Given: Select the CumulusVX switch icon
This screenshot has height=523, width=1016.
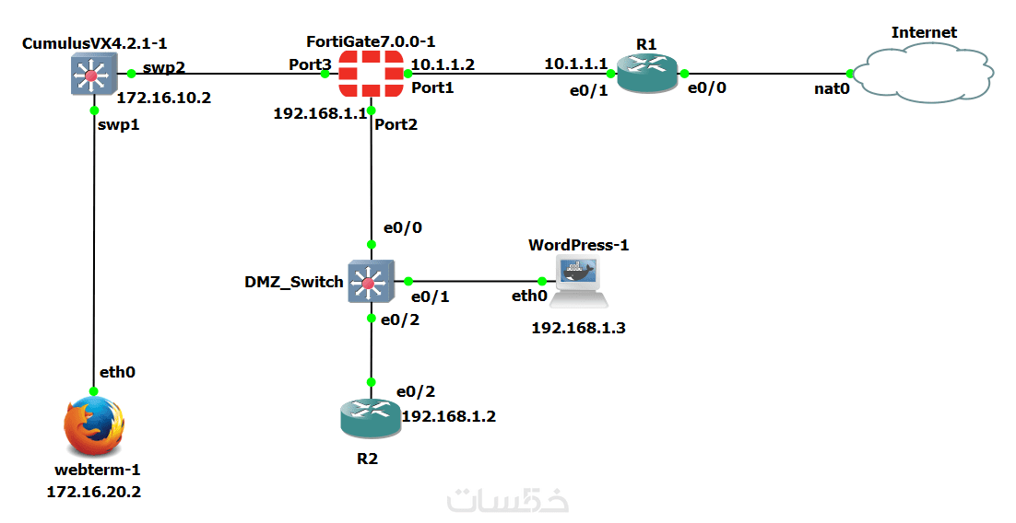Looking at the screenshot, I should tap(92, 73).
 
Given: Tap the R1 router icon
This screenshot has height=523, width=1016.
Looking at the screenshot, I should tap(646, 73).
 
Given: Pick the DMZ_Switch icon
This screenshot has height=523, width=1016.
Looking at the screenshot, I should tap(371, 282).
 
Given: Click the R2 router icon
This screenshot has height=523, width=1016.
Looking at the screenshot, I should tap(371, 419).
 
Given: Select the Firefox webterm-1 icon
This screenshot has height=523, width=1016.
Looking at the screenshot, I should tap(93, 427).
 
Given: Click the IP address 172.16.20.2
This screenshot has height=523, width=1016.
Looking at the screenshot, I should tap(93, 493).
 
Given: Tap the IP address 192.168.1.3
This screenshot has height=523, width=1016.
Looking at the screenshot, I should tap(578, 327).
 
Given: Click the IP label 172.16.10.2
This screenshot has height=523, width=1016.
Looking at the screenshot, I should tap(164, 97).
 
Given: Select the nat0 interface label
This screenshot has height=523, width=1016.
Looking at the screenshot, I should tap(831, 89).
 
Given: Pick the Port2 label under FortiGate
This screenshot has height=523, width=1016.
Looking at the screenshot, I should tap(396, 124).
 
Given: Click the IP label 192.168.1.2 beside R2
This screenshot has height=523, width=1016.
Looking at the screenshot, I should tap(448, 416).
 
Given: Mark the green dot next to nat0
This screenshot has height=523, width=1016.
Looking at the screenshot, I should tap(849, 74).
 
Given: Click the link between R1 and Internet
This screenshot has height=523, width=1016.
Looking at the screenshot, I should tap(765, 74).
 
